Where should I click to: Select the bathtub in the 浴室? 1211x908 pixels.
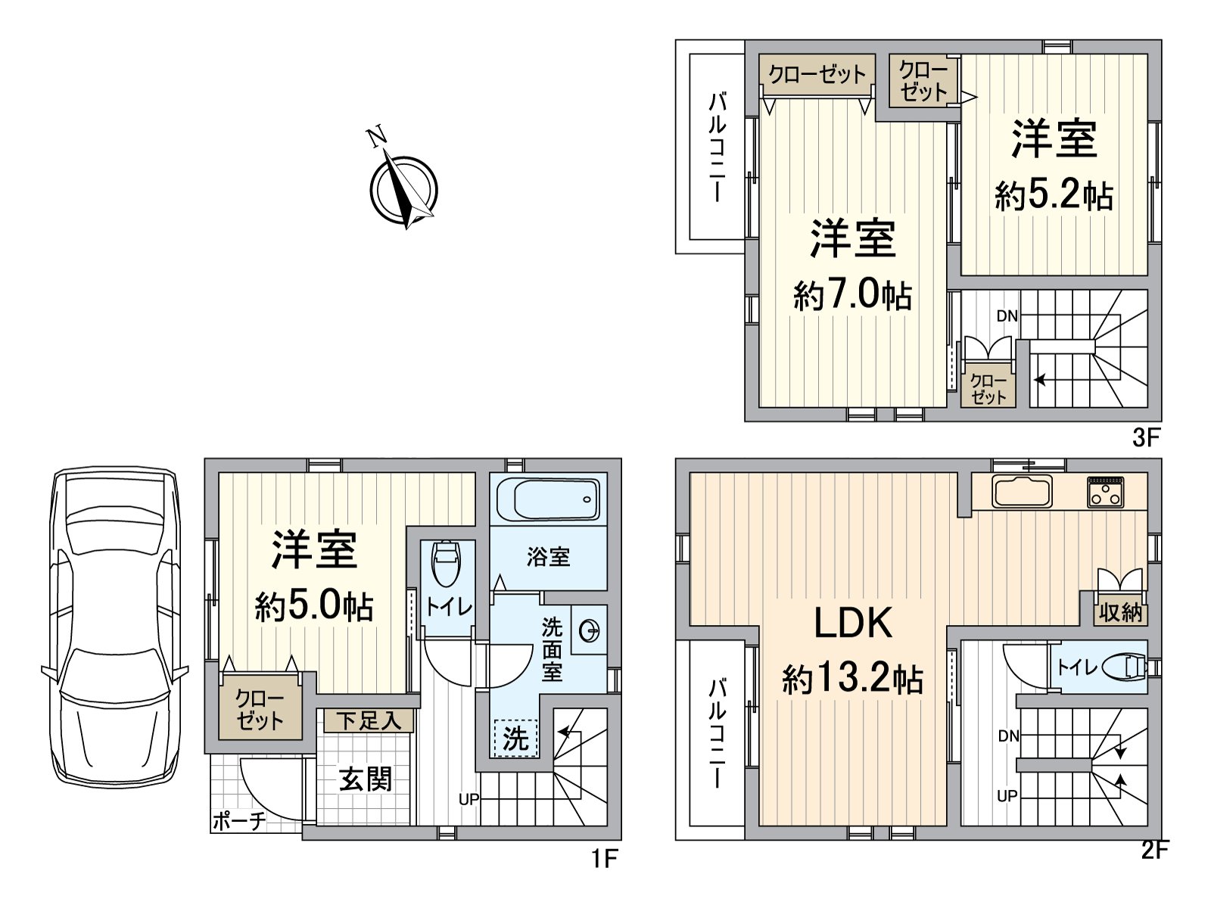548,499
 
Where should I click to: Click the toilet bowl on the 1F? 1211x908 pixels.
445,564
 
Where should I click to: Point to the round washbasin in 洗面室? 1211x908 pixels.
590,630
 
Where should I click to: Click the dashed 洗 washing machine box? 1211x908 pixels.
515,738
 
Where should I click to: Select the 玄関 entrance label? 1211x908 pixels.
365,779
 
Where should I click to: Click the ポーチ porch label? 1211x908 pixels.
238,821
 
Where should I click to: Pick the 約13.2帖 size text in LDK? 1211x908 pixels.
852,679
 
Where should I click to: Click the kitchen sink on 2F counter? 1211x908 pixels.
1022,493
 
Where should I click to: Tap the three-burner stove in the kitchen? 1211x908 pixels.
1106,492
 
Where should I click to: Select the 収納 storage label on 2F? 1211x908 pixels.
1120,612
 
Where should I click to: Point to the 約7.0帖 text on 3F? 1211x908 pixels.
852,294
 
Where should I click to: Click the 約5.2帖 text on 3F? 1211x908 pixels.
1054,196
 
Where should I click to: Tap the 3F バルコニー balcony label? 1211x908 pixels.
717,148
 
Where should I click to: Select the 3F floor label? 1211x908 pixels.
1146,437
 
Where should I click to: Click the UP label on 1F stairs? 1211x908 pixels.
469,799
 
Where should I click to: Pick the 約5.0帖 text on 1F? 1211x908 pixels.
313,606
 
